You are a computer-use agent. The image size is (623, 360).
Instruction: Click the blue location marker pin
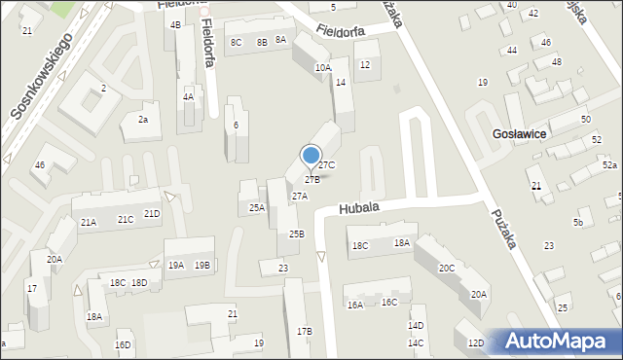(311, 156)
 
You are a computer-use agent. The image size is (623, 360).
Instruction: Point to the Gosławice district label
(519, 133)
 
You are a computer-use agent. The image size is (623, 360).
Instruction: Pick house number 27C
(327, 165)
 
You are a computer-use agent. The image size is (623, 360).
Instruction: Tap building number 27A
(300, 196)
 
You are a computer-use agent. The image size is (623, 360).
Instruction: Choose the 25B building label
(296, 234)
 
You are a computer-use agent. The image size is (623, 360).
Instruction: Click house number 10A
(323, 68)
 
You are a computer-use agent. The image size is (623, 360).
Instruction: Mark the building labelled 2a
(142, 120)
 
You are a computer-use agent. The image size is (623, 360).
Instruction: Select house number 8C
(236, 43)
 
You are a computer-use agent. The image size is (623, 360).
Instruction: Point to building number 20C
(446, 268)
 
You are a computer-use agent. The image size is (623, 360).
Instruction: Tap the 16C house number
(388, 303)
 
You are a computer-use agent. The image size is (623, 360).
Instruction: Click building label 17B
(305, 332)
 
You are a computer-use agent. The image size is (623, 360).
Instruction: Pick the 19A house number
(175, 265)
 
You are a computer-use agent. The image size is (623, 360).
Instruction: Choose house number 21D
(152, 214)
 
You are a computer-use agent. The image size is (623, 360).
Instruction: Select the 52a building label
(608, 166)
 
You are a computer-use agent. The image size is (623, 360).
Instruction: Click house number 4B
(175, 24)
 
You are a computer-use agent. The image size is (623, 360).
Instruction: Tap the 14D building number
(416, 326)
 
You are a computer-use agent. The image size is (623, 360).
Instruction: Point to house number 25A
(256, 207)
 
